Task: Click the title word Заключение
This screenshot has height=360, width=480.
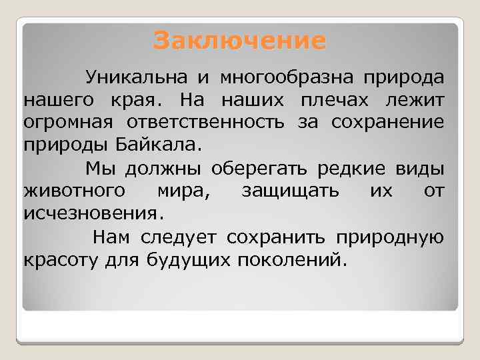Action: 240,41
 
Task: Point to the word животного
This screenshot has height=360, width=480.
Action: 73,191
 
